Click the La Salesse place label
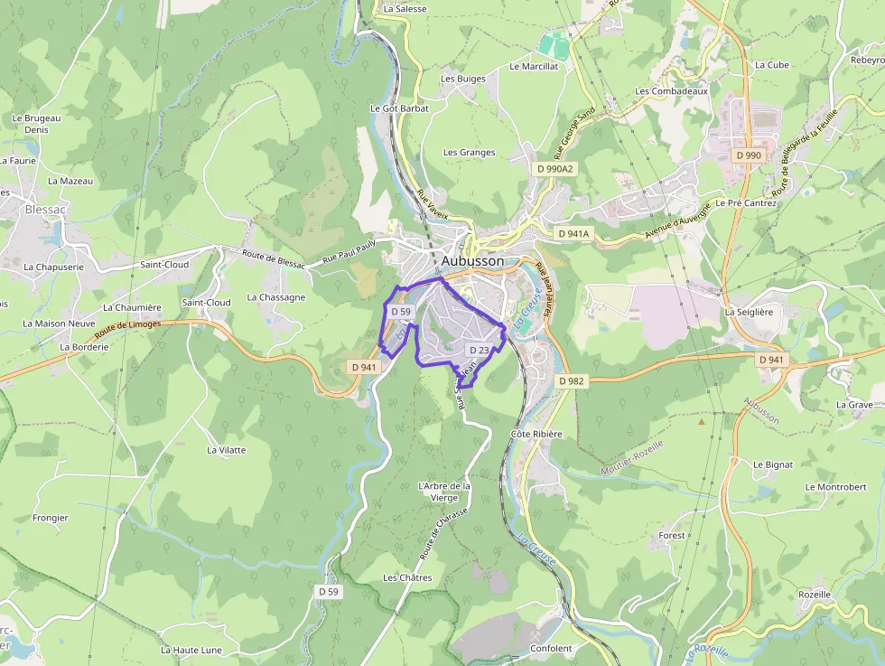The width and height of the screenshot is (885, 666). (x=405, y=8)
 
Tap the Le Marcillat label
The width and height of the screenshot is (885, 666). (x=534, y=66)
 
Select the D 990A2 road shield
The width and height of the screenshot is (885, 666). (x=554, y=169)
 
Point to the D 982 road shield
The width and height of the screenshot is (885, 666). (x=572, y=381)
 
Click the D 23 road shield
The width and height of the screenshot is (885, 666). (x=479, y=350)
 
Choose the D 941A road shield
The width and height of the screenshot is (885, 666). (x=573, y=234)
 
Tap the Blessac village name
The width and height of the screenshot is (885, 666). (x=45, y=209)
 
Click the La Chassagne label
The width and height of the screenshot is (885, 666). (x=275, y=297)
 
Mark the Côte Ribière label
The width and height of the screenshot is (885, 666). (x=536, y=434)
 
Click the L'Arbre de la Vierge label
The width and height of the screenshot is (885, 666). (x=444, y=492)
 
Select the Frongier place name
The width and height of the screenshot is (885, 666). (x=51, y=518)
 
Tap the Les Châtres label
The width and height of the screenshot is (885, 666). (x=407, y=577)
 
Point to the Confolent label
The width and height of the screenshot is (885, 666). (x=551, y=649)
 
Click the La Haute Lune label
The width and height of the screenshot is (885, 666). (x=191, y=650)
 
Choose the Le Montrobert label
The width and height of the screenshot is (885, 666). (x=835, y=487)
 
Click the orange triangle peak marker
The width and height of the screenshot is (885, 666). (x=701, y=421)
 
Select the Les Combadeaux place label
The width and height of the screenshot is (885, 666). (x=671, y=91)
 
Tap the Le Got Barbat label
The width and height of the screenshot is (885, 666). (x=399, y=108)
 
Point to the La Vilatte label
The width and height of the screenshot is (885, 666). (x=226, y=449)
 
